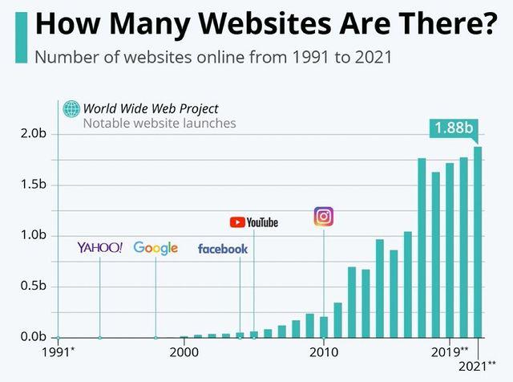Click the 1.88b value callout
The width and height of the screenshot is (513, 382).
point(454,128)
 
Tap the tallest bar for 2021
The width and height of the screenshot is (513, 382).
point(479,241)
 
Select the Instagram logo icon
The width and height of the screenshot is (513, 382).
point(323,216)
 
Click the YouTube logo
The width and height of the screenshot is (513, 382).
point(253,222)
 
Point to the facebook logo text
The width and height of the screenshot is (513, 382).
point(223,249)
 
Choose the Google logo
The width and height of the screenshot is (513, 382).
point(156,248)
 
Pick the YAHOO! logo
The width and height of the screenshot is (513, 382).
point(99,248)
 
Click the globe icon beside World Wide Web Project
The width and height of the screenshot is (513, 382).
point(71,109)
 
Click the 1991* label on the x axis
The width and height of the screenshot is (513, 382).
point(57,352)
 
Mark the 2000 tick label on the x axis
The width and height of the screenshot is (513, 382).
point(184,352)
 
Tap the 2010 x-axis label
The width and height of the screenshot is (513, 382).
point(323,352)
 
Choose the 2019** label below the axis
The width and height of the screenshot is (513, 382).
point(450,352)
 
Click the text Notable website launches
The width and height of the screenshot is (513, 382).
point(160,124)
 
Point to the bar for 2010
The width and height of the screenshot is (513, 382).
point(324,327)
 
